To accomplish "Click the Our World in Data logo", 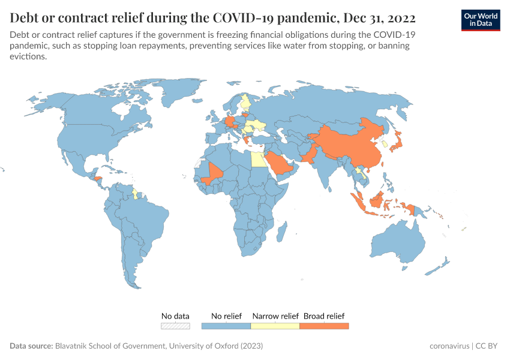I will pyautogui.click(x=480, y=19).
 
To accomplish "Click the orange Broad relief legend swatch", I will pyautogui.click(x=324, y=326).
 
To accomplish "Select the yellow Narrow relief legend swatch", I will pyautogui.click(x=275, y=326).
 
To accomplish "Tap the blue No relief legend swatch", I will pyautogui.click(x=226, y=326).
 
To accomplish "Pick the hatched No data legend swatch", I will pyautogui.click(x=175, y=326).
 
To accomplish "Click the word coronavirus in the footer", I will pyautogui.click(x=449, y=346).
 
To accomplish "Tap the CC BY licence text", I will pyautogui.click(x=486, y=346).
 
